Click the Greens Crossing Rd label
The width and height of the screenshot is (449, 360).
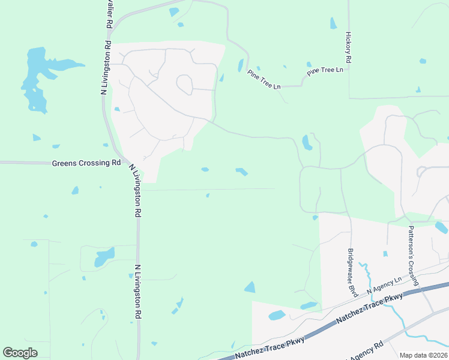coord(86,163)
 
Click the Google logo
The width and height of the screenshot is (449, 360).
coord(20,353)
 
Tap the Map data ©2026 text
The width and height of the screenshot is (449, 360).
coord(423,355)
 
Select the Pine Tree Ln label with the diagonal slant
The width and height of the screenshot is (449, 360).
coord(264,80)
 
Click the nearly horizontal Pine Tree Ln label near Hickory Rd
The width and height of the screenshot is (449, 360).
coord(325,71)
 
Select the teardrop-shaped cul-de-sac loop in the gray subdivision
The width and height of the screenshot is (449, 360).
coord(184,85)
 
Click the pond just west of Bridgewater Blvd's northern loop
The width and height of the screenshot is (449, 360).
coord(307,142)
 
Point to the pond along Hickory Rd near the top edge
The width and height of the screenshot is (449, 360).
coord(333,23)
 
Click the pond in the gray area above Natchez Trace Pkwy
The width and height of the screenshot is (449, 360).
coord(277,315)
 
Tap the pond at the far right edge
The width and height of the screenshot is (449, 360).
coord(441,227)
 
